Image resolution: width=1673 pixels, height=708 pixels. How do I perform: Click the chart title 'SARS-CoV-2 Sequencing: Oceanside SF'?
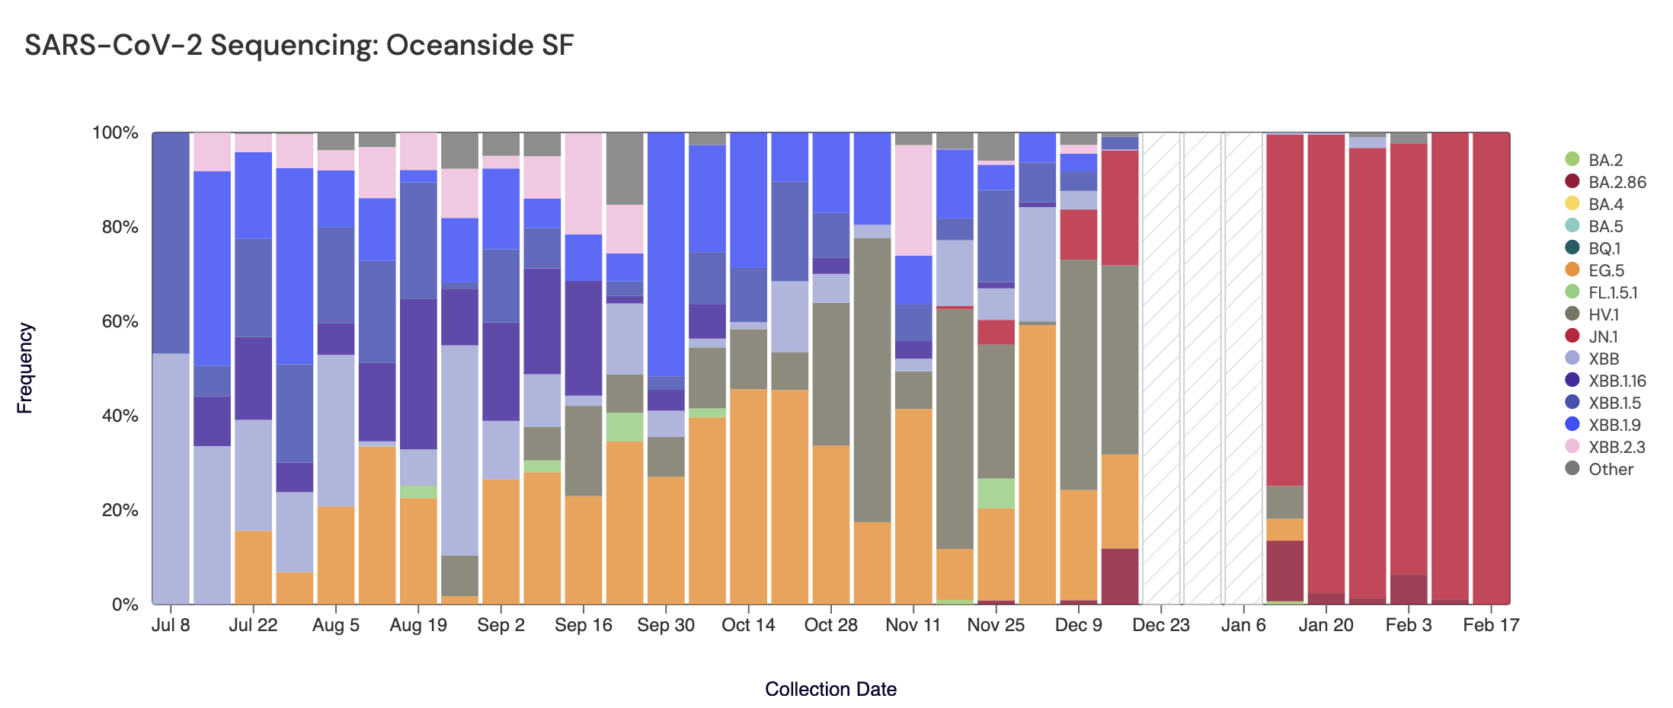299,46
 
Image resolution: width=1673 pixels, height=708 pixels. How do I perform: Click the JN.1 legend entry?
1602,336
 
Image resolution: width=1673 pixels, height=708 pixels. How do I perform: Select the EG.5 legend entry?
1605,270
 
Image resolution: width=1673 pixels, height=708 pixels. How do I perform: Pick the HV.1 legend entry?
1603,314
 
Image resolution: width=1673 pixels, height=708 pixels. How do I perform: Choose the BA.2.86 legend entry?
1617,182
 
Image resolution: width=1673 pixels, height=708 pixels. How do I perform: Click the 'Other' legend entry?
1610,469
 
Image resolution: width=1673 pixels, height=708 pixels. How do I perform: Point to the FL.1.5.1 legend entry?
1612,292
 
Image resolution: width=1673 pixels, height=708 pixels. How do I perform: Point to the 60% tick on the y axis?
120,321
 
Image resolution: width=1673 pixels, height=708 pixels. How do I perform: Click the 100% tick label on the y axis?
115,132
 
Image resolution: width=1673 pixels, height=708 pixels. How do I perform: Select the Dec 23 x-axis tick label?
1161,625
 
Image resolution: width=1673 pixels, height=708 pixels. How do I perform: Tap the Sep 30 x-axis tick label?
666,625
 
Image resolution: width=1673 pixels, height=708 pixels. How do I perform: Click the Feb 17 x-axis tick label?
1491,625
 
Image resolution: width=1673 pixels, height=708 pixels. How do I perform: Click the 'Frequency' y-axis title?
25,368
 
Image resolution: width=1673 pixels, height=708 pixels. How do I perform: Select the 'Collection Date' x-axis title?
830,689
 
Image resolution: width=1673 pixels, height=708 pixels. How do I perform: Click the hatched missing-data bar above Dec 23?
1161,365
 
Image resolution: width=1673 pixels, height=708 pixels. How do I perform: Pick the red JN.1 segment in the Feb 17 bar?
1491,365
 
